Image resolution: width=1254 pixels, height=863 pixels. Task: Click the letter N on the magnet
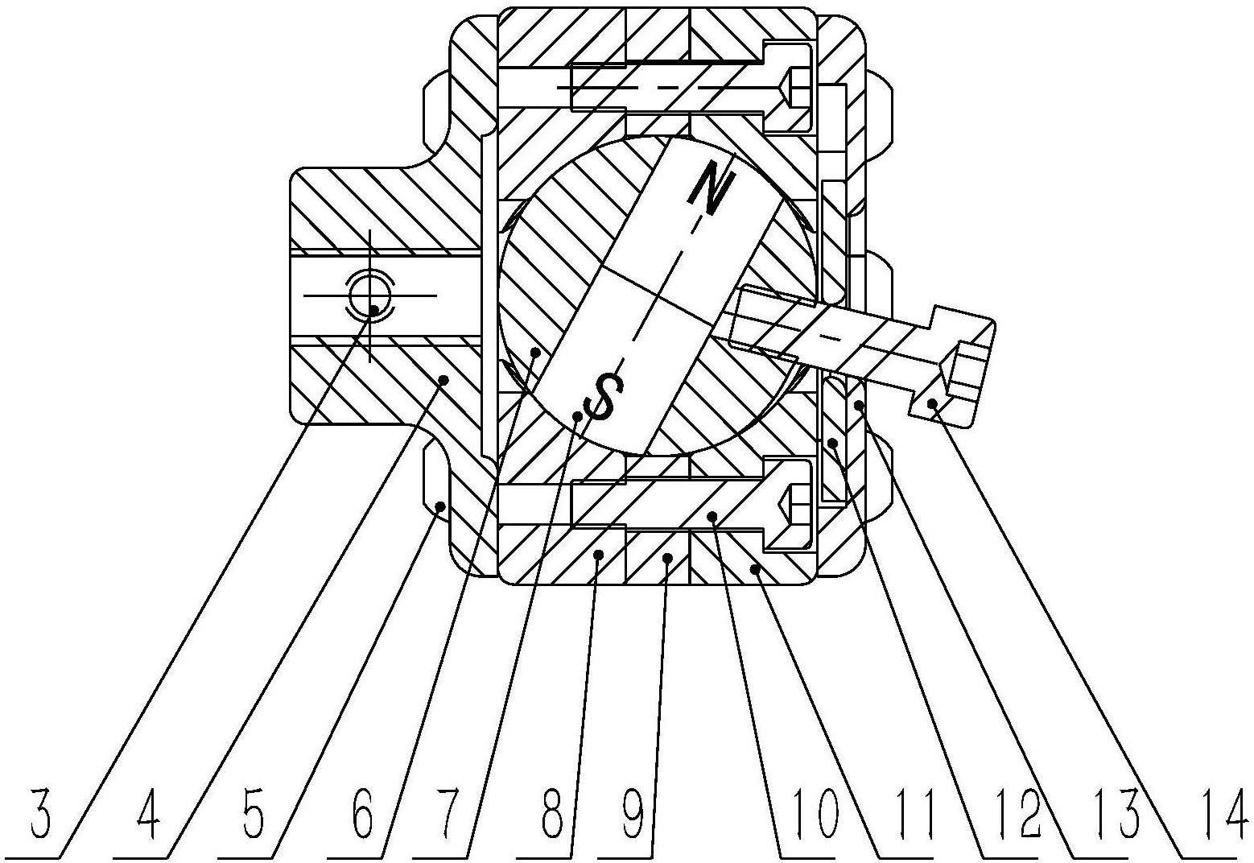[707, 188]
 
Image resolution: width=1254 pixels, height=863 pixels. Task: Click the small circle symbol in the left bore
[369, 295]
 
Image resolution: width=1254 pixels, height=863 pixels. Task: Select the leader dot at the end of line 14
[933, 403]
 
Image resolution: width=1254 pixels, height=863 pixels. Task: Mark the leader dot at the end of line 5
[440, 506]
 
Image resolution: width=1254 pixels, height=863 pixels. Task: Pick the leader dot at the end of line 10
[712, 516]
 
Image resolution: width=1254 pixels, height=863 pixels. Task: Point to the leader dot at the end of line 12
[835, 442]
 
